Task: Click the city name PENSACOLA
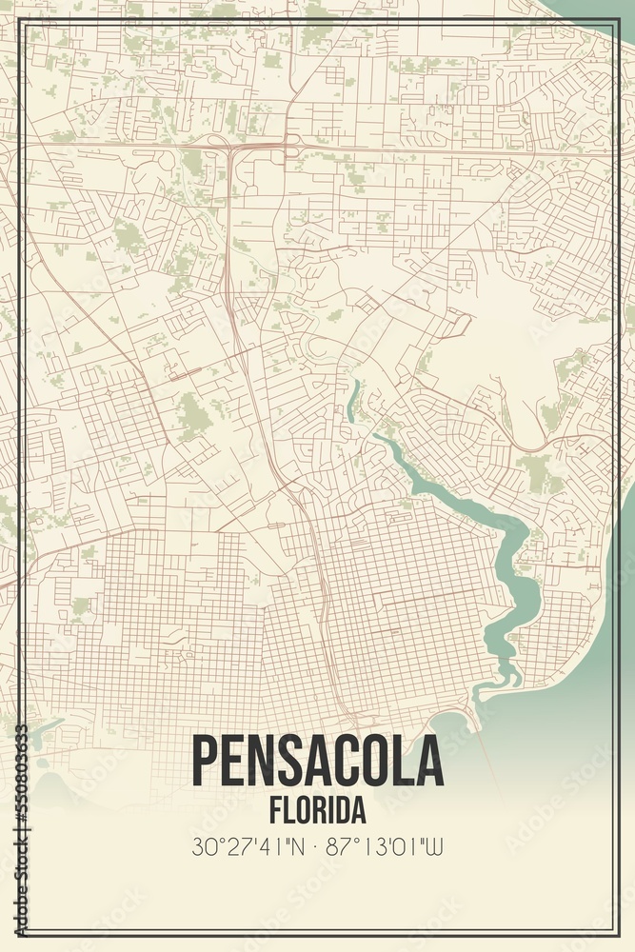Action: [317, 762]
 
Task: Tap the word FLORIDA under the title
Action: [317, 811]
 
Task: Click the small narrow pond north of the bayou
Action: [354, 400]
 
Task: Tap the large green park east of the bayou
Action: [535, 471]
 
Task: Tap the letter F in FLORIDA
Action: [276, 811]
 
